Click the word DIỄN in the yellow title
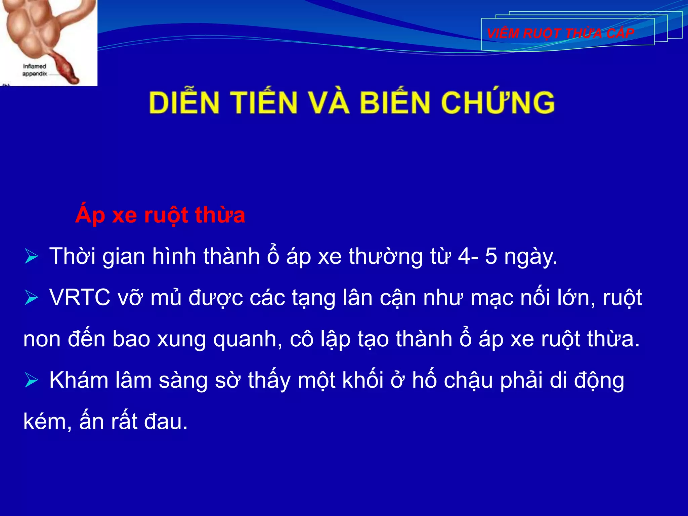(x=184, y=102)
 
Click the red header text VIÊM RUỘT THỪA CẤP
(x=560, y=34)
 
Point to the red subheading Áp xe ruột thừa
(x=160, y=215)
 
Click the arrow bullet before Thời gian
(x=32, y=257)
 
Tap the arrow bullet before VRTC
(x=32, y=298)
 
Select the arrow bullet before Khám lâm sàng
(x=32, y=381)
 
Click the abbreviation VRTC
(x=80, y=298)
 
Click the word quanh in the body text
(x=248, y=339)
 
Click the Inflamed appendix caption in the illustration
(x=35, y=70)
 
